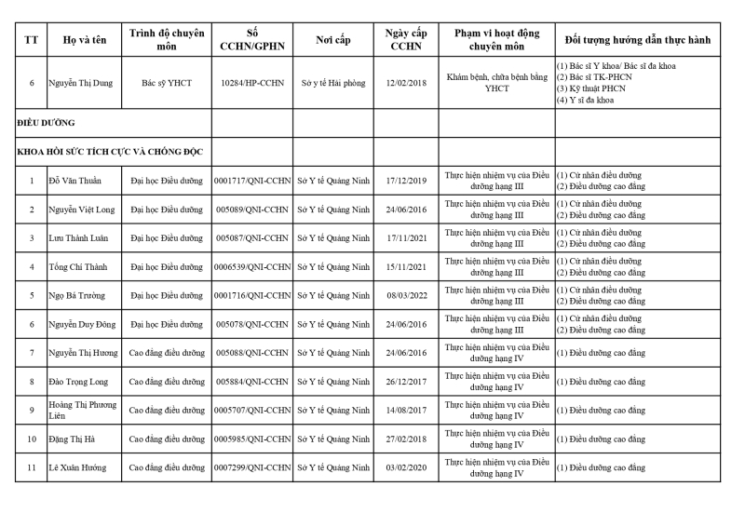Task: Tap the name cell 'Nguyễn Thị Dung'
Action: coord(82,83)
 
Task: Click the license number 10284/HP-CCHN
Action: coord(253,83)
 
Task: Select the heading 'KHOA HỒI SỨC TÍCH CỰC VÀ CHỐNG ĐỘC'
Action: coord(111,152)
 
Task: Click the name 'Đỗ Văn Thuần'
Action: coord(75,181)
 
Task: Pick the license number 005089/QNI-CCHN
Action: coord(253,209)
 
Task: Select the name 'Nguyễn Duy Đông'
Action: coord(82,325)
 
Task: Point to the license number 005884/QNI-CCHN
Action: coord(253,382)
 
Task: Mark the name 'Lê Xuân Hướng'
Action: coord(78,468)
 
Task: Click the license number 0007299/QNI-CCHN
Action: coord(253,468)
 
